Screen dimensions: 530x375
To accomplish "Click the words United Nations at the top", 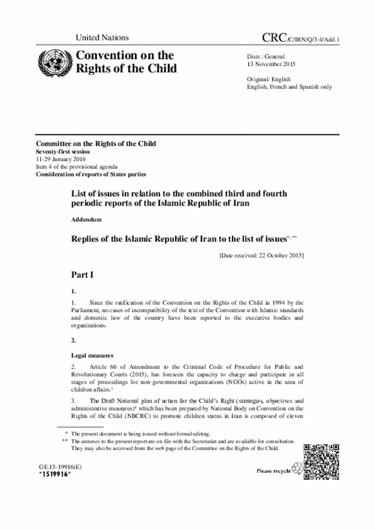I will click(x=102, y=38).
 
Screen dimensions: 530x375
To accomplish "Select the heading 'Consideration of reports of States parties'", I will click(x=91, y=174).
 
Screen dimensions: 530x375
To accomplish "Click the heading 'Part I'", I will click(x=84, y=274).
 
